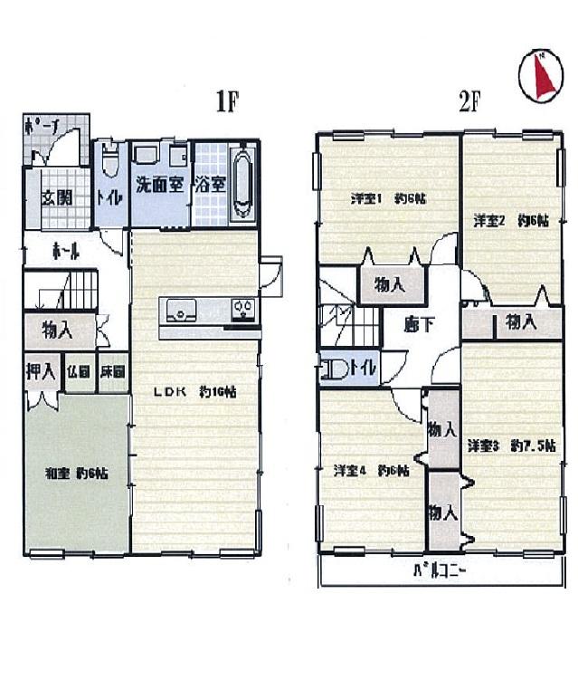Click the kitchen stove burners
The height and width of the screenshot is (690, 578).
click(243, 310)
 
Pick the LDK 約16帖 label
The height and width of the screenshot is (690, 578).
click(194, 393)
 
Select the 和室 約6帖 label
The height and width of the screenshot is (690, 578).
click(78, 473)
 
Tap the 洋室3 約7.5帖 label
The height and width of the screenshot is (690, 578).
click(512, 446)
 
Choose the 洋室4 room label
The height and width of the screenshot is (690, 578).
click(371, 470)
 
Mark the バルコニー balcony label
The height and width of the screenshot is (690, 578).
click(441, 571)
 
